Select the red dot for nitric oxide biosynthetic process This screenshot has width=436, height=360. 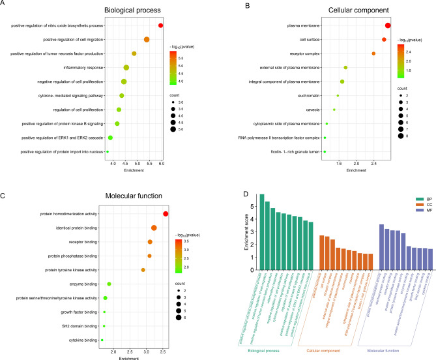(160, 25)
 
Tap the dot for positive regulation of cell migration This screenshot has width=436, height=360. (147, 40)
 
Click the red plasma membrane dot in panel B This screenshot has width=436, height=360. (388, 25)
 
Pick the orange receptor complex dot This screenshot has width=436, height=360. (373, 53)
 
